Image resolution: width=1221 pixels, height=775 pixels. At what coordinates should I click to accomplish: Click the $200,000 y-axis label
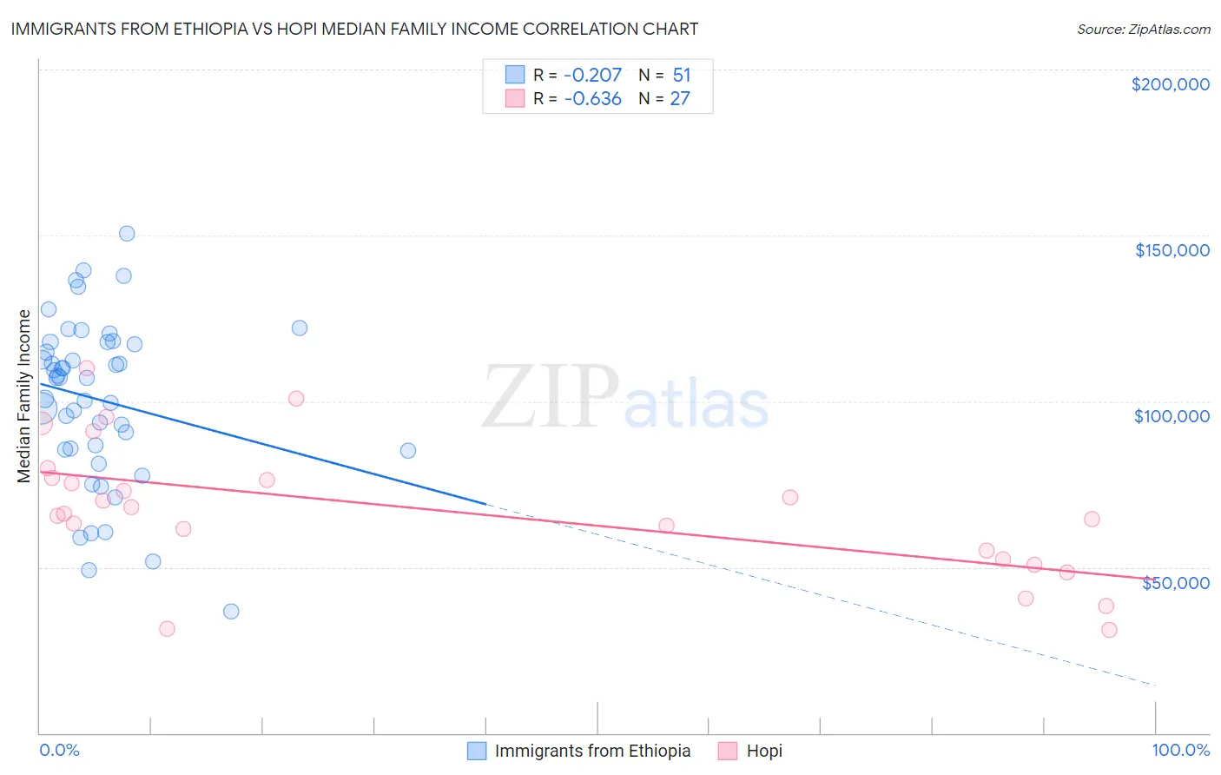pyautogui.click(x=1170, y=84)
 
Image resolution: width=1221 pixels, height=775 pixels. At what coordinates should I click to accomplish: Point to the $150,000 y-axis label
pyautogui.click(x=1171, y=250)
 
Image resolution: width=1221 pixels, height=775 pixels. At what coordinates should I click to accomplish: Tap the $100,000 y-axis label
pyautogui.click(x=1171, y=416)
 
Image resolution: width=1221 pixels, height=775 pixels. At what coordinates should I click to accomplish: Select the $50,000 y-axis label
pyautogui.click(x=1175, y=583)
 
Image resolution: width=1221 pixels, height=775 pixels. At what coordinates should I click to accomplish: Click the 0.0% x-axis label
pyautogui.click(x=59, y=750)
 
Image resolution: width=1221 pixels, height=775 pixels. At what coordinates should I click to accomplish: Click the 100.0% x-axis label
pyautogui.click(x=1180, y=750)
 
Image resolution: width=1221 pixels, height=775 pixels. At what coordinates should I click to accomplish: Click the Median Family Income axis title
pyautogui.click(x=24, y=395)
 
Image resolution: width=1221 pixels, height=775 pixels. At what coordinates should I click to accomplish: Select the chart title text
pyautogui.click(x=354, y=29)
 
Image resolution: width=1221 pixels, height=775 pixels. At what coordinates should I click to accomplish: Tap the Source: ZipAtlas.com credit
pyautogui.click(x=1143, y=30)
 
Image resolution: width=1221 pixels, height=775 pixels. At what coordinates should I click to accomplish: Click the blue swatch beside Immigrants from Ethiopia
pyautogui.click(x=477, y=751)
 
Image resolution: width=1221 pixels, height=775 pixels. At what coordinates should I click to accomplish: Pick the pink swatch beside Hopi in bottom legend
pyautogui.click(x=728, y=751)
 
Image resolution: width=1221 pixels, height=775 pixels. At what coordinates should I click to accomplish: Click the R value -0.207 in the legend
pyautogui.click(x=592, y=76)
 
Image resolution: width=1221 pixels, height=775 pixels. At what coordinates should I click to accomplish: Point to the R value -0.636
pyautogui.click(x=592, y=99)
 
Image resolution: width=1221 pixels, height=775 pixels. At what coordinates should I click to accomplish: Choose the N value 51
pyautogui.click(x=681, y=76)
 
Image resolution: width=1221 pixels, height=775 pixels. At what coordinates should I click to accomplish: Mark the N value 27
pyautogui.click(x=680, y=99)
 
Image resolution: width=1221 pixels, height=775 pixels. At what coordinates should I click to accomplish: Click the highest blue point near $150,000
pyautogui.click(x=127, y=234)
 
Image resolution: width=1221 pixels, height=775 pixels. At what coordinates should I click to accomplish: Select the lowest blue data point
pyautogui.click(x=231, y=612)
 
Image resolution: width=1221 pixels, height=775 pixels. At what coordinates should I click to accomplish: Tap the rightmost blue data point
pyautogui.click(x=408, y=451)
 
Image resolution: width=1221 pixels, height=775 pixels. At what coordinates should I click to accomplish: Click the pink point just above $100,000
pyautogui.click(x=296, y=399)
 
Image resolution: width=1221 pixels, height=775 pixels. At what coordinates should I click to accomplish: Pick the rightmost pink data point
pyautogui.click(x=1109, y=630)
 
